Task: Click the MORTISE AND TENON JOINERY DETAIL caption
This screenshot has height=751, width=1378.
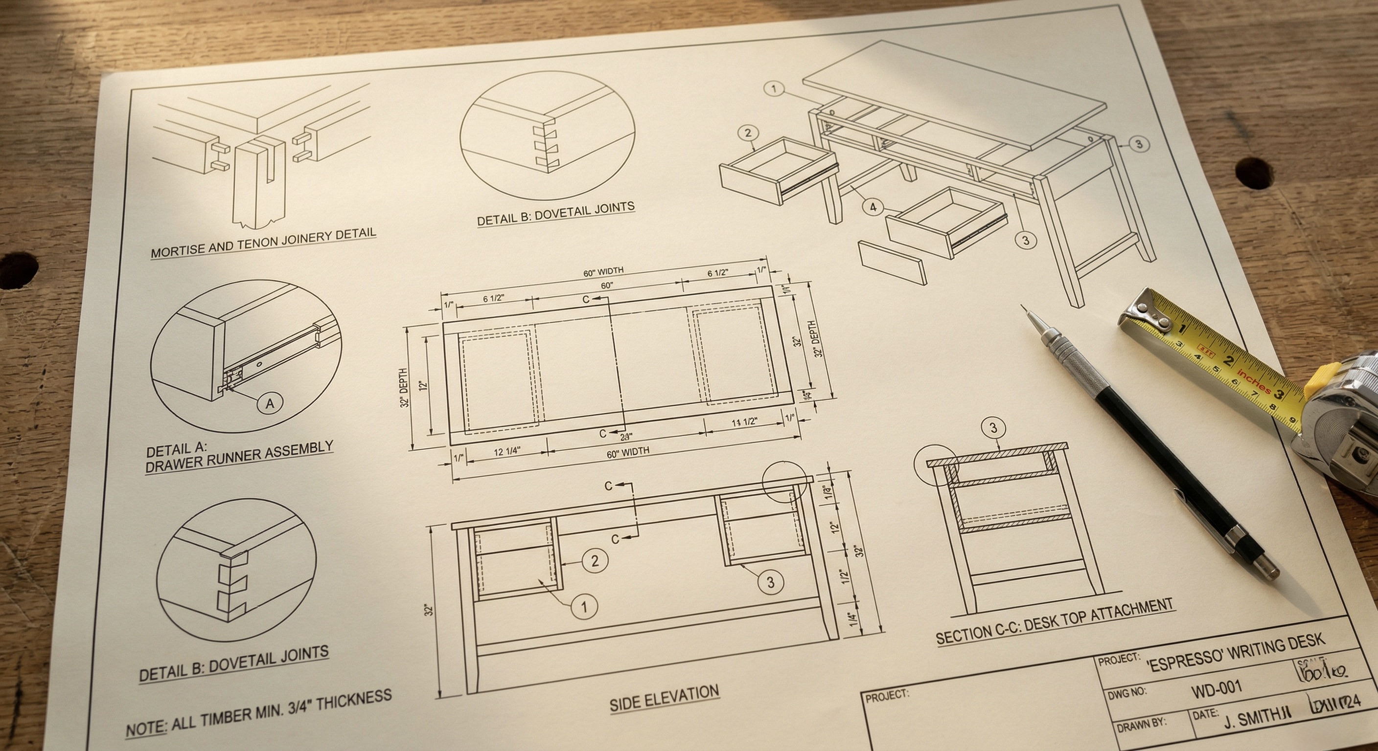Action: (x=263, y=243)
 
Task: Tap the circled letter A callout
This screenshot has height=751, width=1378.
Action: (x=270, y=403)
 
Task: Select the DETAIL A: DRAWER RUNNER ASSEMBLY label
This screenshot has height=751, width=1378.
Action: (x=239, y=458)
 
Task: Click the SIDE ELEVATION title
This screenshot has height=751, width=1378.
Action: (x=664, y=698)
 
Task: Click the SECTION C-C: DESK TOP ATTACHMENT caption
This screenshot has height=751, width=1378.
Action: (x=1055, y=623)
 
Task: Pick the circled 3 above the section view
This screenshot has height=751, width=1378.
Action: (x=993, y=428)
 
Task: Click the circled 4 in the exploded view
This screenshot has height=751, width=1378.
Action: (x=873, y=207)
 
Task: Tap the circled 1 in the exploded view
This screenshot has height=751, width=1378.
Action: (x=774, y=88)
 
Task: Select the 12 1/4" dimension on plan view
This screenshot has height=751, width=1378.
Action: (x=506, y=451)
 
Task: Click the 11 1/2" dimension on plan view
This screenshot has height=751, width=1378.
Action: (x=744, y=422)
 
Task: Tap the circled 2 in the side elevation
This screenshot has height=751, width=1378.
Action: (x=595, y=561)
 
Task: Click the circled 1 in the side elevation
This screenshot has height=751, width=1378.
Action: (x=584, y=606)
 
